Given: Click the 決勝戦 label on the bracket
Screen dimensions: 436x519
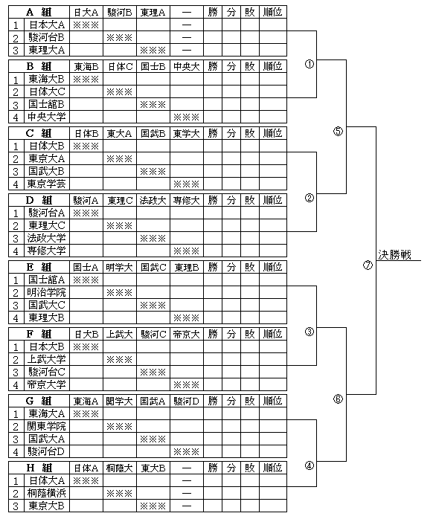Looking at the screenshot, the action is pos(394,255).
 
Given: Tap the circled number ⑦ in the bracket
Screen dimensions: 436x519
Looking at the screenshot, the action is pos(368,265).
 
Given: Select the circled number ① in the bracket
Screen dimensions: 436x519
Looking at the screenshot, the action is pos(309,64).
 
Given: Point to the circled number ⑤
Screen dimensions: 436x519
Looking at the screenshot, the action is pos(338,131).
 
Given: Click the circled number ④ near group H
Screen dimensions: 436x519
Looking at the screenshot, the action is pos(309,465).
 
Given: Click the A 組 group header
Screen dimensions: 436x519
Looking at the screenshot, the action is pos(39,12).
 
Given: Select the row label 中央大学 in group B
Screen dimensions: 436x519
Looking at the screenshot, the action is pos(46,117).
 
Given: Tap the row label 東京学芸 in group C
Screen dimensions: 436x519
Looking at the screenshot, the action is pos(46,184).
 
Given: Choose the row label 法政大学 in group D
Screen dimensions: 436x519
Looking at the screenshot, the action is pos(46,238).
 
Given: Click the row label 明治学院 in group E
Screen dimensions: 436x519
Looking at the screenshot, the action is pos(46,292).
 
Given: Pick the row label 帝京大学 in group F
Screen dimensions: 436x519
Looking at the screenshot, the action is pos(46,384).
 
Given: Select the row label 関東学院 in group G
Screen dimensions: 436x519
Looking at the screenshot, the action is pos(46,426).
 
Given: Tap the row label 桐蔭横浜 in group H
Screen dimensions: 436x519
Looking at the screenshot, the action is pos(46,493).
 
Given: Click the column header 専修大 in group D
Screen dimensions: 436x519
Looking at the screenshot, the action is pos(187,200).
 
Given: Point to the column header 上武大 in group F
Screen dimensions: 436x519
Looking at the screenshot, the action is pos(119,335).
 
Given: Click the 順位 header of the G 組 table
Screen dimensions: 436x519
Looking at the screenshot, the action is pos(272,402).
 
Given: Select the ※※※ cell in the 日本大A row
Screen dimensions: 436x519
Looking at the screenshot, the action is pos(86,25).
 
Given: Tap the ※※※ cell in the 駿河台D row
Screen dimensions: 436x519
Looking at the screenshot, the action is pos(187,451).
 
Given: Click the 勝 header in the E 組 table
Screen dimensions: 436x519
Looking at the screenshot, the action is pos(213,267).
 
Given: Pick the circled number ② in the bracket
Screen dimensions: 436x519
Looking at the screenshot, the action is pos(309,198).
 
